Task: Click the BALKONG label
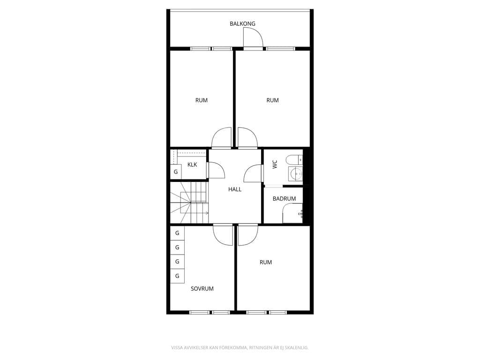pyautogui.click(x=242, y=23)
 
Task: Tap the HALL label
pyautogui.click(x=235, y=189)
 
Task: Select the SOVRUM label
pyautogui.click(x=202, y=289)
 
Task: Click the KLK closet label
pyautogui.click(x=192, y=165)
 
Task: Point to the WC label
pyautogui.click(x=275, y=165)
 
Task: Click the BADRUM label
pyautogui.click(x=284, y=199)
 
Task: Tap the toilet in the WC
pyautogui.click(x=294, y=160)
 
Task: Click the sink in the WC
pyautogui.click(x=295, y=174)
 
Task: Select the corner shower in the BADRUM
pyautogui.click(x=292, y=213)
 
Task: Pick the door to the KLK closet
pyautogui.click(x=216, y=170)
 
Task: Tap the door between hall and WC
pyautogui.click(x=254, y=173)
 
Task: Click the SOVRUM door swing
pyautogui.click(x=223, y=235)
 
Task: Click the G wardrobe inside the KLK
pyautogui.click(x=176, y=172)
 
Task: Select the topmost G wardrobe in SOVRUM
pyautogui.click(x=177, y=233)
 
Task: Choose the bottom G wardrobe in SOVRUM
pyautogui.click(x=177, y=276)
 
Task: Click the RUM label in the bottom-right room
pyautogui.click(x=265, y=262)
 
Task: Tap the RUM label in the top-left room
pyautogui.click(x=202, y=100)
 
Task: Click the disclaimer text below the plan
pyautogui.click(x=240, y=348)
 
